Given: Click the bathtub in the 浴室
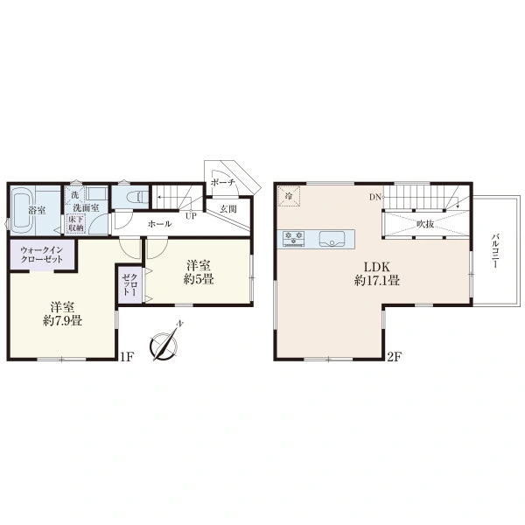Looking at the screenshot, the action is pyautogui.click(x=22, y=211).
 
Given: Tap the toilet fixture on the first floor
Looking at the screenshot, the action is pyautogui.click(x=138, y=197).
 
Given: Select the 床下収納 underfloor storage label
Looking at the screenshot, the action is pyautogui.click(x=75, y=224).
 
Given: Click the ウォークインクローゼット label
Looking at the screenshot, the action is pyautogui.click(x=41, y=255).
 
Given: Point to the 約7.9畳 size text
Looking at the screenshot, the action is pyautogui.click(x=63, y=320).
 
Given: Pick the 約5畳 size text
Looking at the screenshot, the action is pyautogui.click(x=199, y=279).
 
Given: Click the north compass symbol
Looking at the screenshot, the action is pyautogui.click(x=164, y=344).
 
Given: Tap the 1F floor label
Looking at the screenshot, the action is pyautogui.click(x=127, y=357).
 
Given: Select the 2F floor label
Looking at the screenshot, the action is pyautogui.click(x=394, y=357).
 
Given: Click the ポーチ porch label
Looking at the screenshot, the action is pyautogui.click(x=222, y=183).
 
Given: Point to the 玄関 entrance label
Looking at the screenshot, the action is pyautogui.click(x=228, y=209).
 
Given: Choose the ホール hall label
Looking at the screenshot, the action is pyautogui.click(x=160, y=224).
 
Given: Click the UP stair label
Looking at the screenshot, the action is pyautogui.click(x=191, y=216).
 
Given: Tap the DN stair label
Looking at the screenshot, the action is pyautogui.click(x=375, y=197).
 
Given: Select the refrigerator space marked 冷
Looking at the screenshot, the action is pyautogui.click(x=289, y=196).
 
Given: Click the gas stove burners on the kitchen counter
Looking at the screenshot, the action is pyautogui.click(x=294, y=238).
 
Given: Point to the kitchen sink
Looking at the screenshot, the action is pyautogui.click(x=332, y=238).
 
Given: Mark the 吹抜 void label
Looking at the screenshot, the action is pyautogui.click(x=425, y=224).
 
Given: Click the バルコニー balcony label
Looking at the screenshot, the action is pyautogui.click(x=495, y=251).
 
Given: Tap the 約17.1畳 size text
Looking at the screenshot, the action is pyautogui.click(x=377, y=280).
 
